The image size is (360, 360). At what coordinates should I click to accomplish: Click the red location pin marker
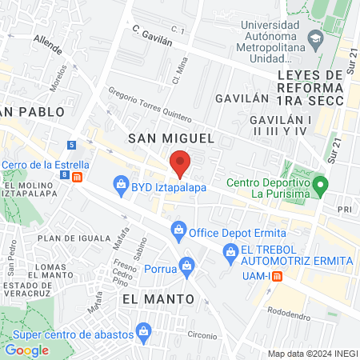tap(180, 163)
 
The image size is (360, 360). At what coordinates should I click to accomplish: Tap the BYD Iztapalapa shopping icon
tap(121, 186)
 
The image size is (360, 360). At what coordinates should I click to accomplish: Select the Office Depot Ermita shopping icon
tap(178, 233)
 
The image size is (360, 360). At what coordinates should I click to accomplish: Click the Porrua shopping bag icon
tap(186, 264)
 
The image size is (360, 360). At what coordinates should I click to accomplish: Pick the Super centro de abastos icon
tap(144, 330)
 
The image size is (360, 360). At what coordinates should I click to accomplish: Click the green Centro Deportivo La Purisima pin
tap(320, 187)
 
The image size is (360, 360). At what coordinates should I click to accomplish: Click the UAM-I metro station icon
tap(276, 276)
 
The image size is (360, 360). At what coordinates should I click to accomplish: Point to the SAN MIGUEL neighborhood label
tap(171, 138)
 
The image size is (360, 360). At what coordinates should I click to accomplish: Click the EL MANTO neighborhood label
tap(158, 298)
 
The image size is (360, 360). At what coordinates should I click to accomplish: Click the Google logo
tap(26, 350)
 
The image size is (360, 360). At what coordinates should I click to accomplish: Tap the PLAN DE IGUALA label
tap(72, 238)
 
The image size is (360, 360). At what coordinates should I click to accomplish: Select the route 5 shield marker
tap(72, 145)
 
